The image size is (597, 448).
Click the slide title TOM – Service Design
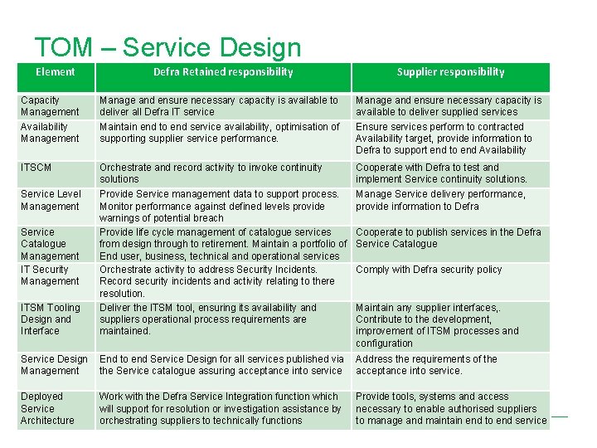(x=167, y=48)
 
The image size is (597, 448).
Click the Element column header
(x=56, y=72)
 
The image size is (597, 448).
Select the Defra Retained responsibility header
(x=223, y=72)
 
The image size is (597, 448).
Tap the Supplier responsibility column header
(x=450, y=72)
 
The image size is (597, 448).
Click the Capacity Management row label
(x=50, y=106)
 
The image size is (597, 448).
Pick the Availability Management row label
(x=50, y=133)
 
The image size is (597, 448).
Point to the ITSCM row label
(x=36, y=168)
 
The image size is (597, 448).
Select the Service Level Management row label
(x=51, y=200)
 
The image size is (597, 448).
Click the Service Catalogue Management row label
(x=50, y=244)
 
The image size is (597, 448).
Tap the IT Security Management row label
(x=50, y=275)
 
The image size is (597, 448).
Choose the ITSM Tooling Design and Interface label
(x=51, y=319)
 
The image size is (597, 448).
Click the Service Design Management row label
(x=54, y=365)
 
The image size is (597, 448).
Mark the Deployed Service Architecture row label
(x=47, y=408)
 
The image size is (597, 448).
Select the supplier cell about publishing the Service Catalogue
(x=448, y=238)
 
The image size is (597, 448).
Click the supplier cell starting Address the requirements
(x=426, y=365)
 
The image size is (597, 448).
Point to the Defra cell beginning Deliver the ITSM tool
(x=207, y=319)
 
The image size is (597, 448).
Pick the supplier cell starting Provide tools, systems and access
(x=450, y=408)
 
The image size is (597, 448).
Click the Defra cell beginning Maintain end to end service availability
(x=220, y=133)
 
